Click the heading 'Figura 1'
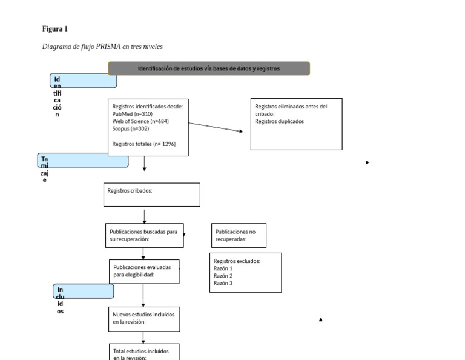(x=55, y=29)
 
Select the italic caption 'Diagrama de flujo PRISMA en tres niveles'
(x=102, y=47)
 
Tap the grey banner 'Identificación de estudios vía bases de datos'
(x=209, y=68)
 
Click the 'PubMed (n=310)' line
(x=132, y=114)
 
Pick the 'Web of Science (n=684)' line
(x=140, y=121)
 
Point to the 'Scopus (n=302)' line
(x=130, y=128)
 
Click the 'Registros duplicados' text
(x=279, y=121)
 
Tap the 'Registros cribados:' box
(x=153, y=195)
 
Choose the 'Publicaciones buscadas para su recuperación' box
(x=145, y=235)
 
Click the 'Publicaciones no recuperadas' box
(x=239, y=235)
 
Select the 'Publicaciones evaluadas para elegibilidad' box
(x=145, y=271)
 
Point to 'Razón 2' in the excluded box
(x=223, y=276)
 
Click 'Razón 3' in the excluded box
(x=223, y=283)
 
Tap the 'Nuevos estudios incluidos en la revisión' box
(x=145, y=318)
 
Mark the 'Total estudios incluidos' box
(x=145, y=353)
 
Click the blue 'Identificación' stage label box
(x=84, y=80)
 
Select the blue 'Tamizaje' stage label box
(x=83, y=161)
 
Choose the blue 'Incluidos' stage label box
(x=84, y=291)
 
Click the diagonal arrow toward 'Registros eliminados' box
(x=216, y=127)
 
